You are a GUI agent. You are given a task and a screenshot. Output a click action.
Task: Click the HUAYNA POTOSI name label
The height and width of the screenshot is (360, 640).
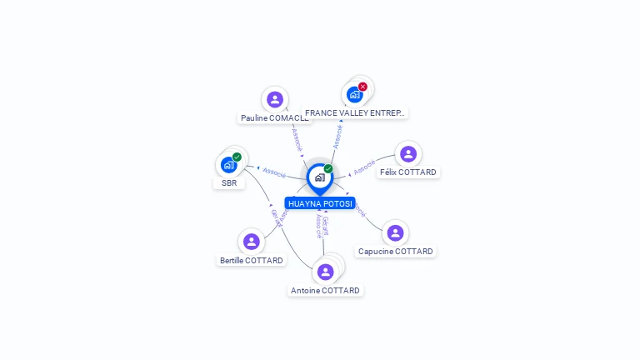(x=320, y=203)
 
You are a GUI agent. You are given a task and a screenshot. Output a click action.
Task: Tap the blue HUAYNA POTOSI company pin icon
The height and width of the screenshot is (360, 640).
(x=319, y=177)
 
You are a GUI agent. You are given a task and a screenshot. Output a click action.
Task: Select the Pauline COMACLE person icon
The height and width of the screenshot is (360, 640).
(x=275, y=100)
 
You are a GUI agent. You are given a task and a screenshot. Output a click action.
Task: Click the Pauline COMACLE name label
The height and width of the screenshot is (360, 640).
(x=275, y=118)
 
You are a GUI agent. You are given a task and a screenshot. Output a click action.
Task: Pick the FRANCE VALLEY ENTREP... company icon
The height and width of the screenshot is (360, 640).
(x=355, y=94)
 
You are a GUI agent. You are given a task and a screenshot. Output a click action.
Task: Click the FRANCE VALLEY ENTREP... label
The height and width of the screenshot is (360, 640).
(x=355, y=112)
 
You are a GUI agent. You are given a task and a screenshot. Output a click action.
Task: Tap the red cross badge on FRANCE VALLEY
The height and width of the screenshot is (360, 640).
(x=362, y=87)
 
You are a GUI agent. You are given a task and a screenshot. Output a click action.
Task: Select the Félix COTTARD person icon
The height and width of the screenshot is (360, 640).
(x=408, y=154)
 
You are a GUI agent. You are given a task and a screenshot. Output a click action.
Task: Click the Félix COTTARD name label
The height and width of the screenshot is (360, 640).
(x=408, y=172)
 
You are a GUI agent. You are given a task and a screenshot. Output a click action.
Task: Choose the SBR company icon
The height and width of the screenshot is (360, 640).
(x=228, y=165)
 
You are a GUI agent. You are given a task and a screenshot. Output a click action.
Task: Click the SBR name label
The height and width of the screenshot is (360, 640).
(x=229, y=183)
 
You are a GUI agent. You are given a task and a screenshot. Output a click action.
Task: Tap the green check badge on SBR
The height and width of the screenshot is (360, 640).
(x=237, y=157)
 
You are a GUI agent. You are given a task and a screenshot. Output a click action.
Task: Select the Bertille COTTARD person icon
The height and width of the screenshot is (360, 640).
(x=251, y=242)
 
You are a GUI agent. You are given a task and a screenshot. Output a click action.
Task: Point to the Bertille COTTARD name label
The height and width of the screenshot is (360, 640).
(x=252, y=260)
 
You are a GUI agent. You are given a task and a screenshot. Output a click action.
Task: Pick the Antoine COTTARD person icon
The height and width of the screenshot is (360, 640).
(x=325, y=272)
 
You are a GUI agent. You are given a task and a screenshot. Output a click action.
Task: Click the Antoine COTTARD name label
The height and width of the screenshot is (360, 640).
(x=326, y=291)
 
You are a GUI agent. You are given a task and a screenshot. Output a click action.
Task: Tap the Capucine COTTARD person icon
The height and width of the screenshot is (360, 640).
(x=395, y=233)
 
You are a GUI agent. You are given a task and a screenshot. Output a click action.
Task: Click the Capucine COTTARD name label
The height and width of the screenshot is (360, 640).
(x=396, y=252)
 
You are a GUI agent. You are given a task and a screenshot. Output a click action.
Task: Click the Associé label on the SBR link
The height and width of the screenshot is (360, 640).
(x=274, y=173)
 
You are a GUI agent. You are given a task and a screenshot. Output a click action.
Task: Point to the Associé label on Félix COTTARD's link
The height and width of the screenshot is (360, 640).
(x=364, y=167)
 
